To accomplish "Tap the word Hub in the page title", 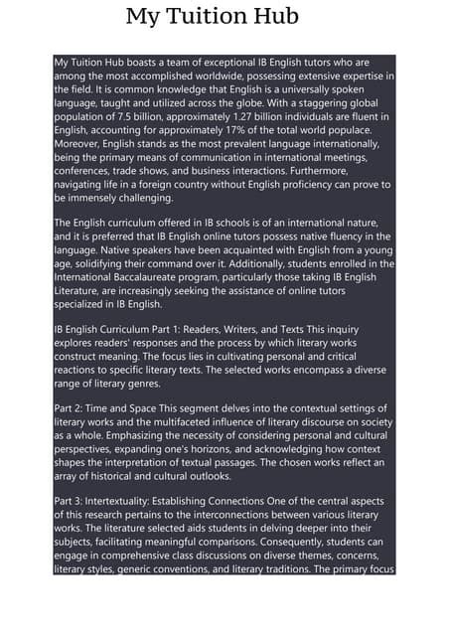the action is (x=275, y=17).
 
